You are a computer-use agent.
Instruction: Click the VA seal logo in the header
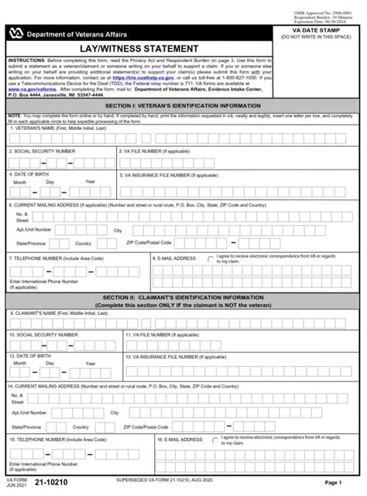[x=15, y=32]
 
